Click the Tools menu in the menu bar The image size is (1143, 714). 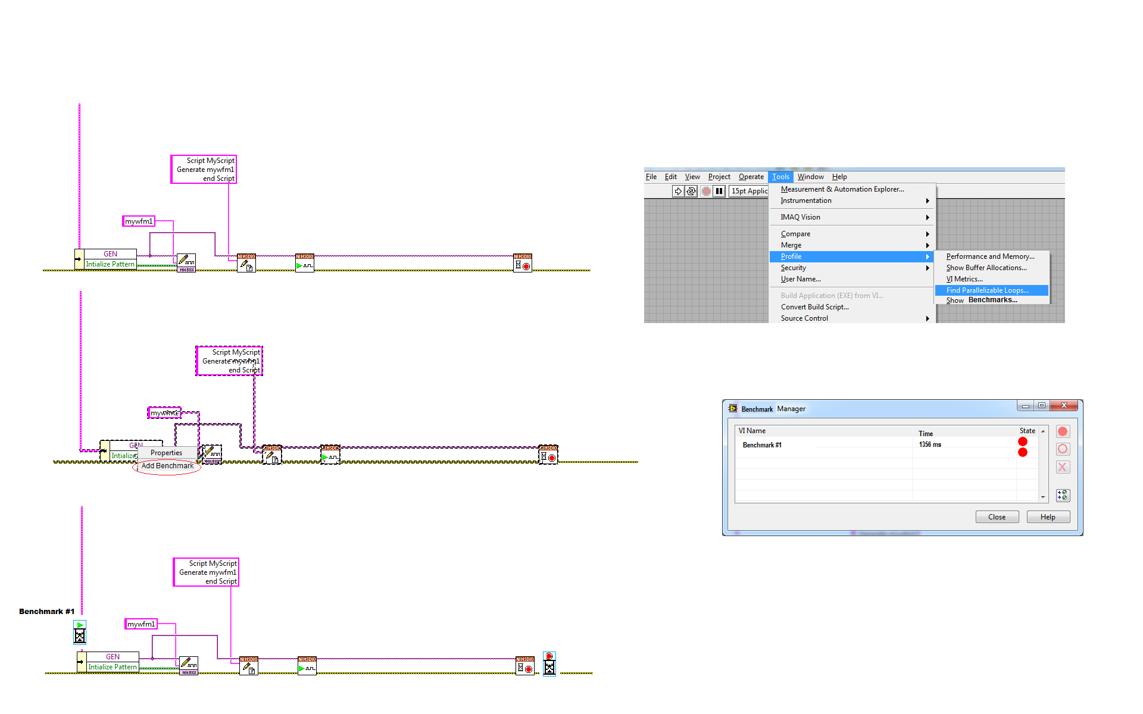tap(780, 177)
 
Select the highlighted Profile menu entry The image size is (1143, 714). tap(791, 256)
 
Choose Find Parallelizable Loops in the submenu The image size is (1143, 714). tap(987, 290)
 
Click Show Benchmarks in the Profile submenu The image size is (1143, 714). tap(982, 300)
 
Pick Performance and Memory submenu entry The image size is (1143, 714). tap(990, 256)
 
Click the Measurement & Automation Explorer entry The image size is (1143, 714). tap(842, 189)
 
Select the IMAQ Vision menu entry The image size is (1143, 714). tap(800, 217)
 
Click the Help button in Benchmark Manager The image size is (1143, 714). tap(1048, 517)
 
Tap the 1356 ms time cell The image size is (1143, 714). tap(930, 444)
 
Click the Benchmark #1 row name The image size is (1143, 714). tap(762, 445)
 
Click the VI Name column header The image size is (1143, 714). tap(752, 431)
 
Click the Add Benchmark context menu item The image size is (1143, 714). tap(167, 466)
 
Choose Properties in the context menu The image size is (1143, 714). tap(166, 453)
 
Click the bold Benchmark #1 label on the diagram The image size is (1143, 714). tap(46, 612)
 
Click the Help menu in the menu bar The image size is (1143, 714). tap(839, 177)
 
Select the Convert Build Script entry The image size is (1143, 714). tap(814, 307)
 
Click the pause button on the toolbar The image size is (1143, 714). tap(719, 191)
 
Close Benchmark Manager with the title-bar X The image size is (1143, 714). tap(1064, 405)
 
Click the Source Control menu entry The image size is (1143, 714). tap(804, 318)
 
